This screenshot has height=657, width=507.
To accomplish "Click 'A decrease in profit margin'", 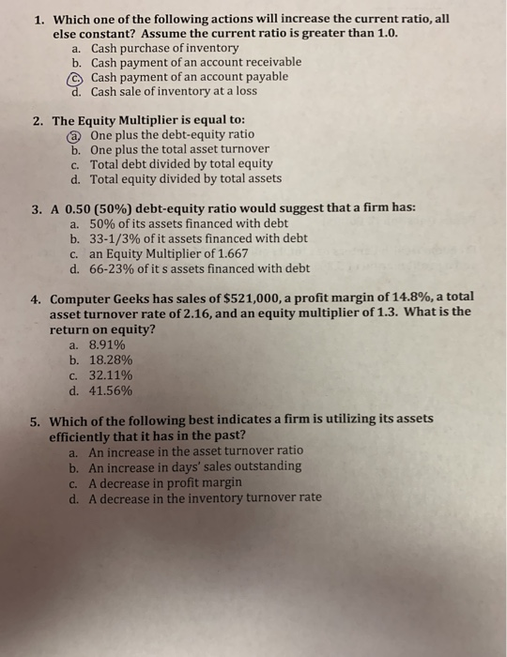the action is click(165, 482).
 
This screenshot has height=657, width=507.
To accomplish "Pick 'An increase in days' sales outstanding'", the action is click(195, 466).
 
